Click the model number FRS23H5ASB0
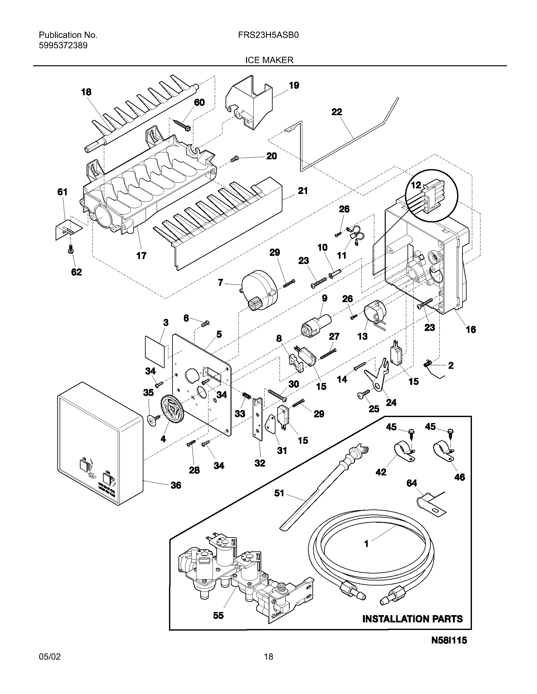pyautogui.click(x=268, y=35)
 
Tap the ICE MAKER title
pyautogui.click(x=269, y=60)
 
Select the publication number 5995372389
pyautogui.click(x=63, y=45)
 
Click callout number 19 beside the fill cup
pyautogui.click(x=294, y=85)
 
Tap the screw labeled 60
pyautogui.click(x=182, y=125)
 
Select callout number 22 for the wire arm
pyautogui.click(x=337, y=112)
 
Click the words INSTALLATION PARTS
pyautogui.click(x=412, y=619)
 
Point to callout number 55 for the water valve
pyautogui.click(x=218, y=615)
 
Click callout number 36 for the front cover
pyautogui.click(x=176, y=485)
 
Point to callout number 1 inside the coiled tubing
pyautogui.click(x=366, y=544)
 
